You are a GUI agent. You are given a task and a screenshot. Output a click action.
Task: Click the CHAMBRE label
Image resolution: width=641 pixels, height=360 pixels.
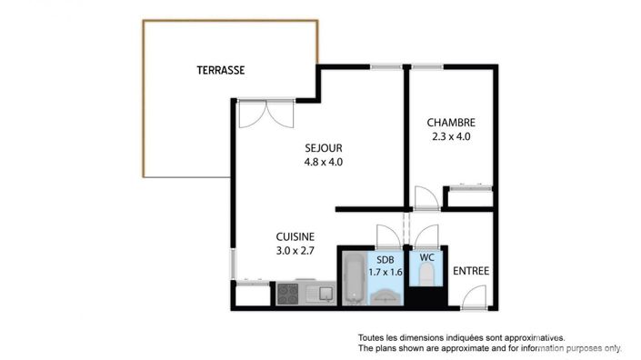(x=451, y=123)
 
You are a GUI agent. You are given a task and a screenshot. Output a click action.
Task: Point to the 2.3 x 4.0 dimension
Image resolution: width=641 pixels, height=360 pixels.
(x=451, y=137)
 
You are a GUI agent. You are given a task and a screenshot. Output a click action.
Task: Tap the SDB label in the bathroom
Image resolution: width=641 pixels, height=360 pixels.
(x=386, y=259)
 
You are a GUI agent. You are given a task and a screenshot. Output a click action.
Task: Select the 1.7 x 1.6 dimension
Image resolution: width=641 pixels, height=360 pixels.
(x=386, y=271)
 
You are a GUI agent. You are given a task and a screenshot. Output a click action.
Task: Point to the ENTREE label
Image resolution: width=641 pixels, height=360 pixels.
(x=471, y=270)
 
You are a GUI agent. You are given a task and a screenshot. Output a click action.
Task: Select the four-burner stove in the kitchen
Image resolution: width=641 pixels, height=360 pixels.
(x=288, y=294)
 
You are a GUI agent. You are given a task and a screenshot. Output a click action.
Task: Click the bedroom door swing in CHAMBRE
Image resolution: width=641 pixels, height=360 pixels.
(x=424, y=198)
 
